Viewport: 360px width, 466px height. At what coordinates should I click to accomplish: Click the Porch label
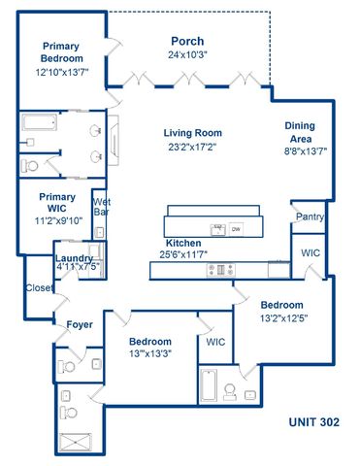(x=186, y=42)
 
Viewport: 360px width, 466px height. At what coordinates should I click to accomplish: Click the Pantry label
(x=310, y=216)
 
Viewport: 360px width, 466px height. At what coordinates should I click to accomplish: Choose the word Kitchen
(x=182, y=243)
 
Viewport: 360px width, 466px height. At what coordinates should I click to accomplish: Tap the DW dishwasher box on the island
(x=236, y=229)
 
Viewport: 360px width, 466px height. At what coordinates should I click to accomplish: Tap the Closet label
(x=39, y=288)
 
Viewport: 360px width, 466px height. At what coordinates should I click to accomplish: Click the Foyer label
(x=80, y=324)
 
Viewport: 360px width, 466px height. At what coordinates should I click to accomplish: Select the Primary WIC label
(x=56, y=202)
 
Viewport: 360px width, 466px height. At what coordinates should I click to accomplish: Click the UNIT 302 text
(x=313, y=423)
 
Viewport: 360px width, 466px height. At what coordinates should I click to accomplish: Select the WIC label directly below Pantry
(x=311, y=252)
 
